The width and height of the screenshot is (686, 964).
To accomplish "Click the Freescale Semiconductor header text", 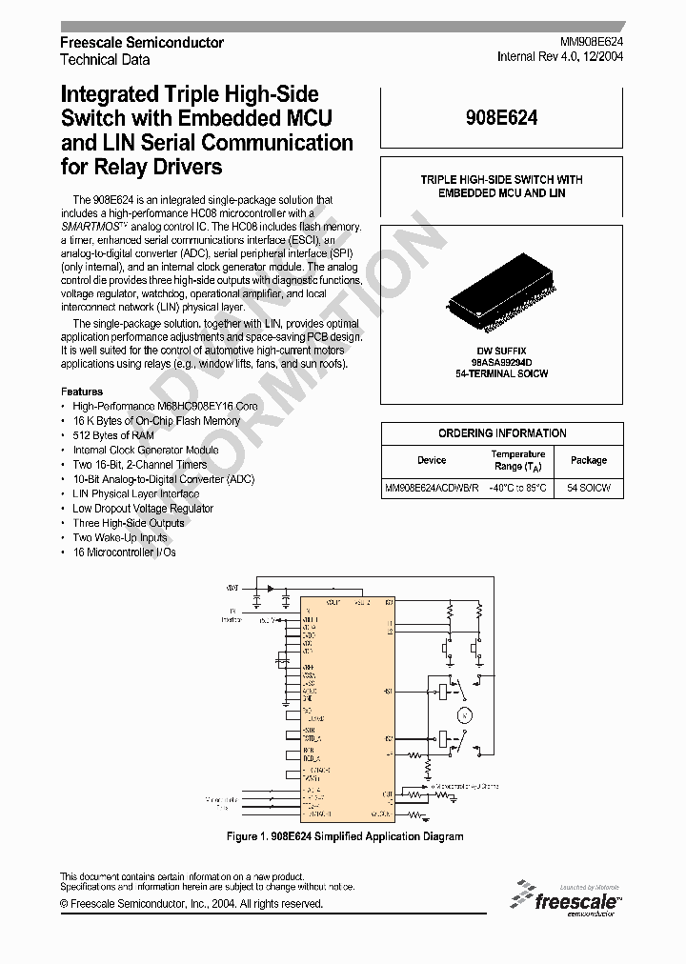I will [x=142, y=43].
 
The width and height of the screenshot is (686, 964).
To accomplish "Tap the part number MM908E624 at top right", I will [x=591, y=43].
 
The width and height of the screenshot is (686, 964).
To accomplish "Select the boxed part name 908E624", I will [x=502, y=117].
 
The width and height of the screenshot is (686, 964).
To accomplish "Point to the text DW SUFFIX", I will [x=501, y=351].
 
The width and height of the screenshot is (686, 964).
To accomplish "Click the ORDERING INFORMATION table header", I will [x=502, y=433].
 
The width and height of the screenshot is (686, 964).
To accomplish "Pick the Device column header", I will [x=431, y=460].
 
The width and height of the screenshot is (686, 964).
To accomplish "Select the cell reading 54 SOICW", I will [x=589, y=488].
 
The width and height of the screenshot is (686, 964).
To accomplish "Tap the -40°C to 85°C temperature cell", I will [x=517, y=488].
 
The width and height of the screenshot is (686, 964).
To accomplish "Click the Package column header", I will [x=589, y=460].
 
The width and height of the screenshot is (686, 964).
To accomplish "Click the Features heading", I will [x=82, y=392].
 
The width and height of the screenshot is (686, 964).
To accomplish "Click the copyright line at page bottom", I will [x=192, y=904].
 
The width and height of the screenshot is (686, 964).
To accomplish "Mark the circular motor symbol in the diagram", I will [x=464, y=713].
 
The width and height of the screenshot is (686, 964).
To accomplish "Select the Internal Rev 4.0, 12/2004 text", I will [x=560, y=56].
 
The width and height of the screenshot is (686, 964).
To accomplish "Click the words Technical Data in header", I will [x=105, y=59].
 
